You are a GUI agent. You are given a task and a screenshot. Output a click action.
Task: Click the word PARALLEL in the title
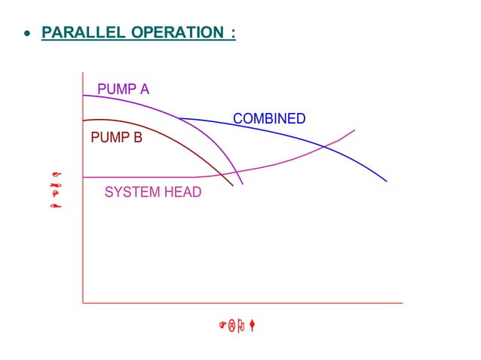pyautogui.click(x=84, y=34)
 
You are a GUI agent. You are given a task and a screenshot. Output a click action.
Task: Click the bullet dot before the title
pyautogui.click(x=27, y=35)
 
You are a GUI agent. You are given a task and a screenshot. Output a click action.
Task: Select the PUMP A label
pyautogui.click(x=123, y=90)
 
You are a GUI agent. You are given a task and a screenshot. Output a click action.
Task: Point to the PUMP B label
pyautogui.click(x=116, y=138)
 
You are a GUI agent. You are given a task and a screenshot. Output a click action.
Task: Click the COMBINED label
pyautogui.click(x=269, y=119)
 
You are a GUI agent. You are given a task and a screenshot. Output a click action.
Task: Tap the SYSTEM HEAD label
pyautogui.click(x=153, y=192)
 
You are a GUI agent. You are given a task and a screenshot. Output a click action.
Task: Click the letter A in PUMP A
pyautogui.click(x=144, y=90)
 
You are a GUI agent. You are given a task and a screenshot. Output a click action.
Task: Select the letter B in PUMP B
pyautogui.click(x=137, y=138)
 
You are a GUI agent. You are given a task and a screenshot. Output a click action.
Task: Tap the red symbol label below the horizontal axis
pyautogui.click(x=239, y=326)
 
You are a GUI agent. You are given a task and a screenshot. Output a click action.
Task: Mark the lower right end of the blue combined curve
pyautogui.click(x=387, y=182)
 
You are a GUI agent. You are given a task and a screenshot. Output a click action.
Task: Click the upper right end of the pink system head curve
pyautogui.click(x=354, y=130)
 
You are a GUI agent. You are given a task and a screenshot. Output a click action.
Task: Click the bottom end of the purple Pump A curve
pyautogui.click(x=243, y=185)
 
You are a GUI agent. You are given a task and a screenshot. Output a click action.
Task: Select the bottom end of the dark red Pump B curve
pyautogui.click(x=234, y=185)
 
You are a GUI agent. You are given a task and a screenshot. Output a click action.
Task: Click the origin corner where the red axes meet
pyautogui.click(x=83, y=303)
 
